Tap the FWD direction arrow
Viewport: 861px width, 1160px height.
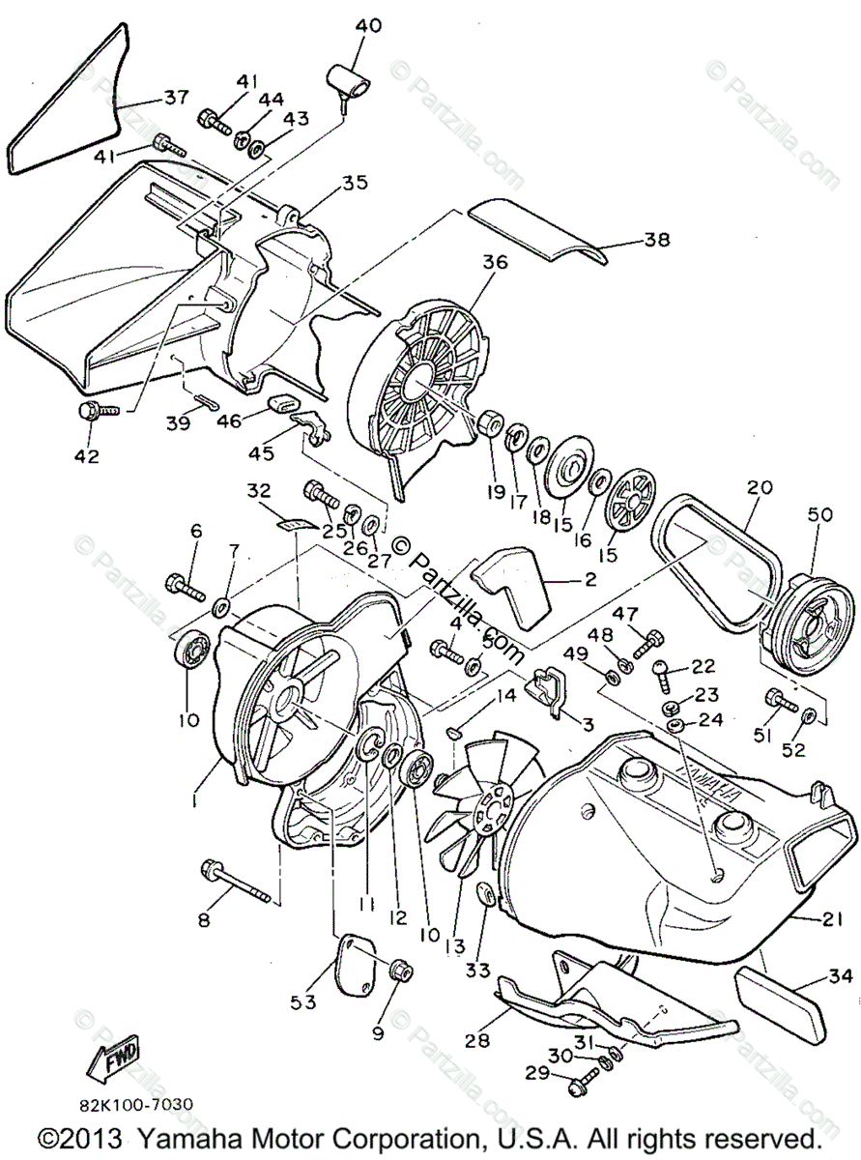[x=116, y=1055]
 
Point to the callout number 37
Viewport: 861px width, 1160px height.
[x=175, y=98]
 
